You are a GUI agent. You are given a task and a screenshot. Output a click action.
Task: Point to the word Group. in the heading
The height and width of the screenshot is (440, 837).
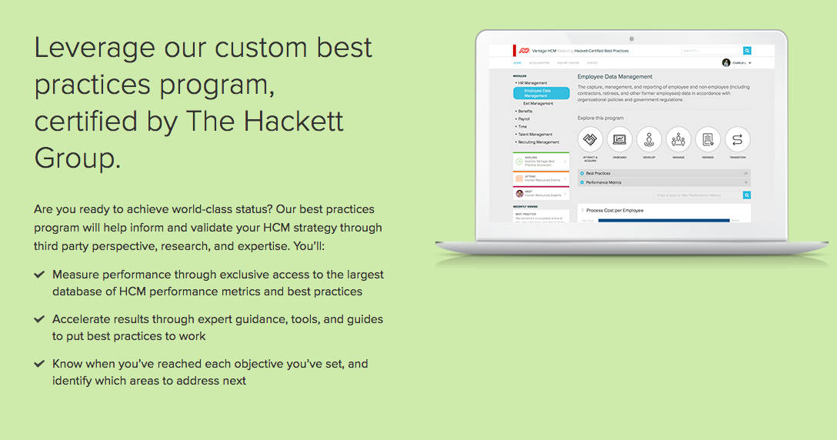78,158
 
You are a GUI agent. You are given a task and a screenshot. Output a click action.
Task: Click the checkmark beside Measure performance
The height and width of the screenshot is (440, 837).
39,274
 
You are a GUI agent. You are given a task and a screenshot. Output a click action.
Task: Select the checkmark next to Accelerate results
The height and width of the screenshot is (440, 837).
39,318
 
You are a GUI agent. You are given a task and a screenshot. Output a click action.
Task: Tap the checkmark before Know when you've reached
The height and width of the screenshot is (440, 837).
39,363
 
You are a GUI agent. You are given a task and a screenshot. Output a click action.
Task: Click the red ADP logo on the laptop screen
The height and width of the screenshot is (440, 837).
524,51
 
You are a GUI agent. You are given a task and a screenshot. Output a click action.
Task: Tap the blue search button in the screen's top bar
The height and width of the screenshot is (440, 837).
746,51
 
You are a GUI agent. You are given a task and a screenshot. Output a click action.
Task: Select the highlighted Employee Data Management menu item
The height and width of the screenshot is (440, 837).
541,93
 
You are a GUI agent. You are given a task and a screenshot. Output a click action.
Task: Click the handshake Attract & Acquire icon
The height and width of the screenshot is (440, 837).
590,140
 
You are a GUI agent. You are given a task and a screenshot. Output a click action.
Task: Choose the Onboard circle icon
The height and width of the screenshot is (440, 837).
619,140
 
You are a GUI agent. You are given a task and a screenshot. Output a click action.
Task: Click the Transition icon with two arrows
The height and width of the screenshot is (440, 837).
737,140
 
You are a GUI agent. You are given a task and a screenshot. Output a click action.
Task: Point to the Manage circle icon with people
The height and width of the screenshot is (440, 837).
679,140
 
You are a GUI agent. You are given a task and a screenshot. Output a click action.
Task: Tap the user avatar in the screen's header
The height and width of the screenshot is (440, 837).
726,63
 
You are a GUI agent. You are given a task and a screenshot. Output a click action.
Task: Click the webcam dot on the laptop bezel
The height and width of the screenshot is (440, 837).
631,38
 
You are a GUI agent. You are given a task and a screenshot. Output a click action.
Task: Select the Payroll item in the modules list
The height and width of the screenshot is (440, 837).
523,119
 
